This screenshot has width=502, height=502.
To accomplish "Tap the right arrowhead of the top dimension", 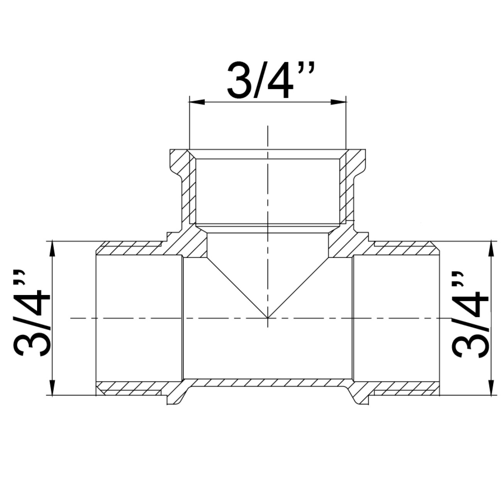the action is click(x=338, y=102).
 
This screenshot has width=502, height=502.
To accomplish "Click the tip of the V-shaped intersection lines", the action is click(x=268, y=318).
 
